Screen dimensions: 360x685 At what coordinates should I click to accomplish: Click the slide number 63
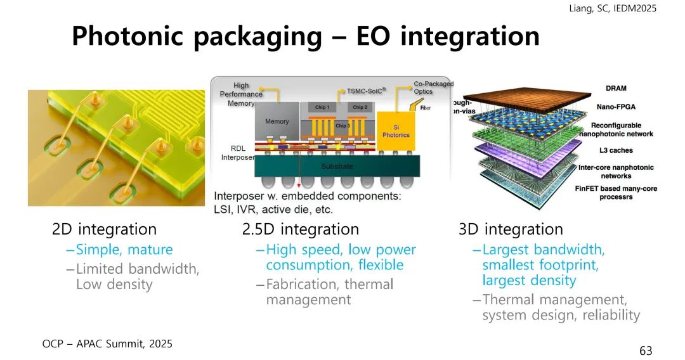click(x=646, y=350)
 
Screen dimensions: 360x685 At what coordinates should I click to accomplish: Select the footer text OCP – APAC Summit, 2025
click(x=107, y=344)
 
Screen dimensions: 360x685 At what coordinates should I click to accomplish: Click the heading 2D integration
click(x=104, y=229)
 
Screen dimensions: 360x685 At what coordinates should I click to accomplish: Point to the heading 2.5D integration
click(x=301, y=229)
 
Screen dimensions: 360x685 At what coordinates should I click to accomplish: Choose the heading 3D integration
click(x=511, y=229)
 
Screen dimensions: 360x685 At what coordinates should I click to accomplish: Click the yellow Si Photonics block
click(x=396, y=131)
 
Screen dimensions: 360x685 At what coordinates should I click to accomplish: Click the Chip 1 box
click(x=322, y=108)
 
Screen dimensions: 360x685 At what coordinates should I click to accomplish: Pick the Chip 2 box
click(x=360, y=108)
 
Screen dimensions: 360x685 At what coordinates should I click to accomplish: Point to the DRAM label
click(x=615, y=88)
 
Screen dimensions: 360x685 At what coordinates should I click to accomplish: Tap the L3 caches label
click(x=615, y=150)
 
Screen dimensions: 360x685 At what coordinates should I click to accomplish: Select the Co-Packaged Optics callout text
click(x=433, y=88)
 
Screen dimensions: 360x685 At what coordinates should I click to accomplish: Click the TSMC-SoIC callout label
click(x=366, y=91)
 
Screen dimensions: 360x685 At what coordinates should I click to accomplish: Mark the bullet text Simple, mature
click(x=124, y=250)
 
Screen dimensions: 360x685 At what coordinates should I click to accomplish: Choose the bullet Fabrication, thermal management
click(x=329, y=292)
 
